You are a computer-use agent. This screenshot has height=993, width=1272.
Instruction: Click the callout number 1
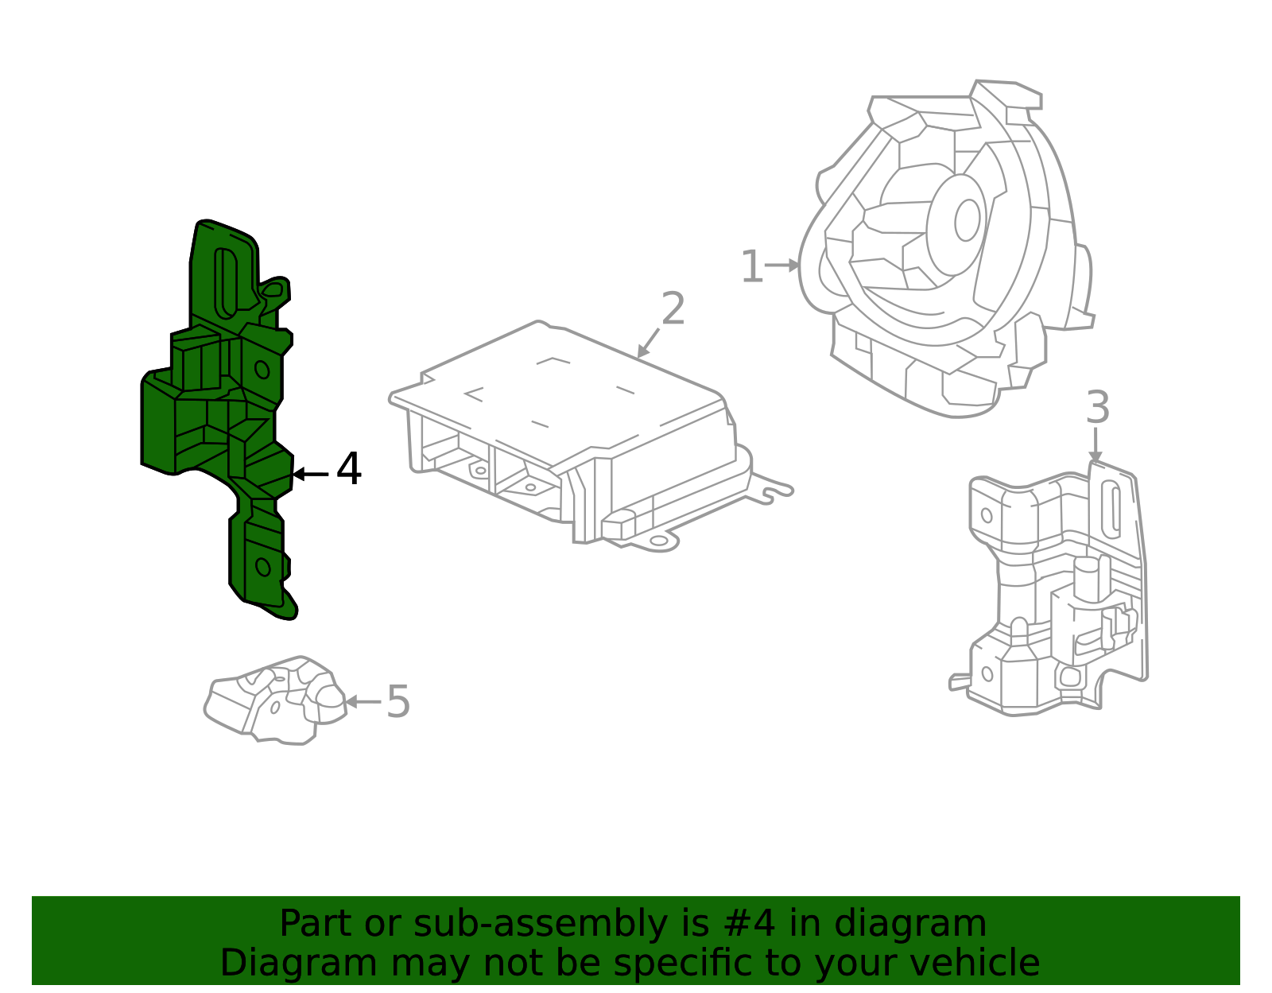pos(751,267)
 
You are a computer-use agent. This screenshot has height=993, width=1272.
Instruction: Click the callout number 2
pos(673,309)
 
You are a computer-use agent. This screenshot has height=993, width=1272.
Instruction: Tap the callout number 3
pos(1097,408)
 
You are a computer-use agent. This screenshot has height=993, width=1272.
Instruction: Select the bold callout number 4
pos(349,469)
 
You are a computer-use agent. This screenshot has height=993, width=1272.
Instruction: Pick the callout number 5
pos(397,702)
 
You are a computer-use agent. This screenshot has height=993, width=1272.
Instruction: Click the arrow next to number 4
pos(309,474)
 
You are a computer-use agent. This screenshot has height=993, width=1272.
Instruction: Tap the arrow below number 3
pos(1096,444)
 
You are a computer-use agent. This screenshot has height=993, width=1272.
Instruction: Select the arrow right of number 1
pos(784,265)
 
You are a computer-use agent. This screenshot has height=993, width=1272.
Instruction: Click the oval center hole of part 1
pos(967,220)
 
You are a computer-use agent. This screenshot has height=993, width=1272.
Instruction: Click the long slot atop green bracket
pos(226,282)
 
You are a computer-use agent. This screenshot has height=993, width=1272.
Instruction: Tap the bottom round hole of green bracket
pos(262,567)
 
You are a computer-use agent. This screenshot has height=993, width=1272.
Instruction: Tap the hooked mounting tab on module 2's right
pos(773,491)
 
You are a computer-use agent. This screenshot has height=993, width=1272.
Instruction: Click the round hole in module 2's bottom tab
pos(659,541)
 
